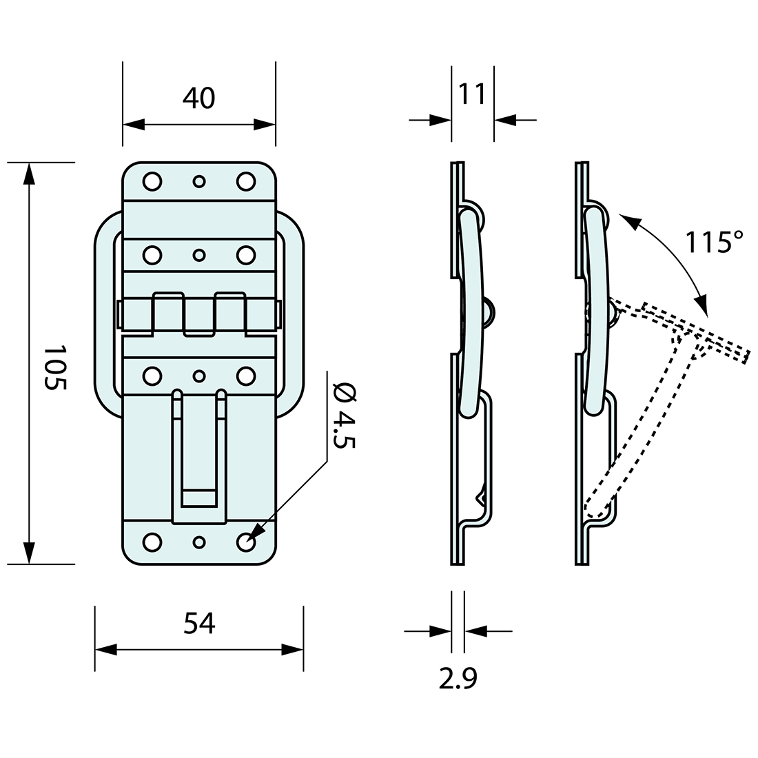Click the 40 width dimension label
(x=198, y=99)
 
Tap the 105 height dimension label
(x=55, y=368)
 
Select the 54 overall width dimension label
(x=199, y=624)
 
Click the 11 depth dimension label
(x=473, y=94)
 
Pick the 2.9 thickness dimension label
(x=458, y=679)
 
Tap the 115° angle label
(x=714, y=243)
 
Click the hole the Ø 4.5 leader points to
(x=246, y=542)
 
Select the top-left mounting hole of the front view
(x=152, y=181)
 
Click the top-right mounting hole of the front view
(x=246, y=181)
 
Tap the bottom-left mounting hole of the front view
(x=152, y=542)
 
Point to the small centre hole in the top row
(x=198, y=181)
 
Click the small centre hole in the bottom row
(x=198, y=542)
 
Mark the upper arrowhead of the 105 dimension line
(x=29, y=174)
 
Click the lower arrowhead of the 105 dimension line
(x=29, y=553)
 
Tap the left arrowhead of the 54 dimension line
(x=105, y=650)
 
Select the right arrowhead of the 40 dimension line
(x=265, y=125)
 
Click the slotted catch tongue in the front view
(x=199, y=455)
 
